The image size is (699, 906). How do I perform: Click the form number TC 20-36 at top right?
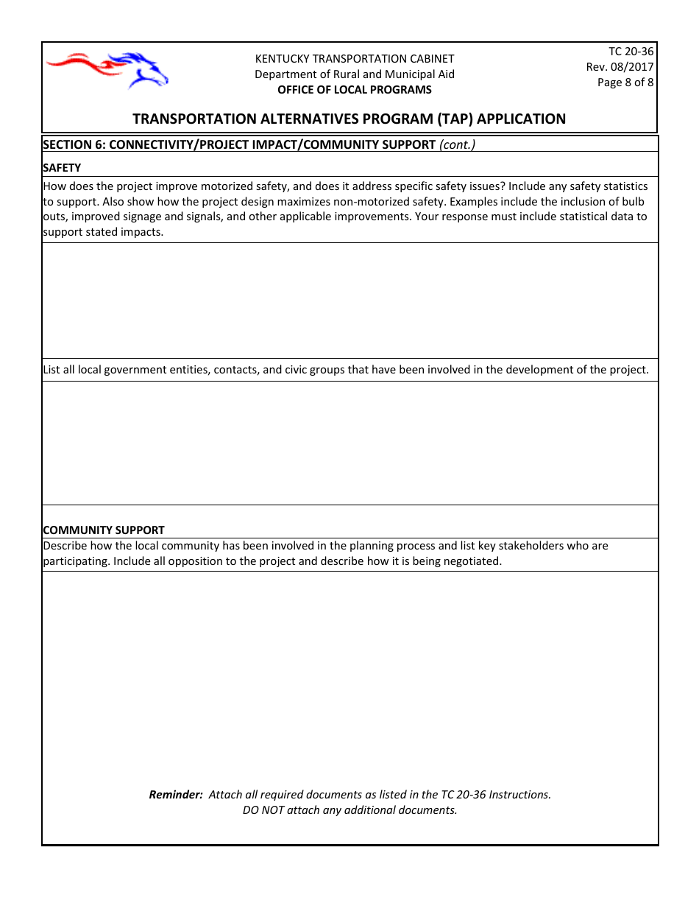tap(631, 52)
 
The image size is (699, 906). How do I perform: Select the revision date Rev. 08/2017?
tap(620, 67)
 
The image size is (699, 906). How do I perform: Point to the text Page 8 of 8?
tap(625, 82)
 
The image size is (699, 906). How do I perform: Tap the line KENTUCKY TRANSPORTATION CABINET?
tap(355, 59)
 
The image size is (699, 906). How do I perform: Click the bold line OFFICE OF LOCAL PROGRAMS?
tap(355, 90)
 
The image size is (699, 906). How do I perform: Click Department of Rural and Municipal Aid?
tap(355, 74)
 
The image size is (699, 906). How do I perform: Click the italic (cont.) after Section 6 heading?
tap(457, 144)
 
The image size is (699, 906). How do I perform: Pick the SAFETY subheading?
tap(62, 167)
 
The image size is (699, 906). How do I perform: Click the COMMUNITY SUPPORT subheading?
tap(104, 530)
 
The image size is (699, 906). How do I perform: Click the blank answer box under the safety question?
tap(349, 301)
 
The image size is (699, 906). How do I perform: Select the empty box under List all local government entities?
tap(349, 442)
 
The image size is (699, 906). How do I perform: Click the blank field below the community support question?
tap(349, 670)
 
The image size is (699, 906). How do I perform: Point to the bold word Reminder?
tap(176, 795)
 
